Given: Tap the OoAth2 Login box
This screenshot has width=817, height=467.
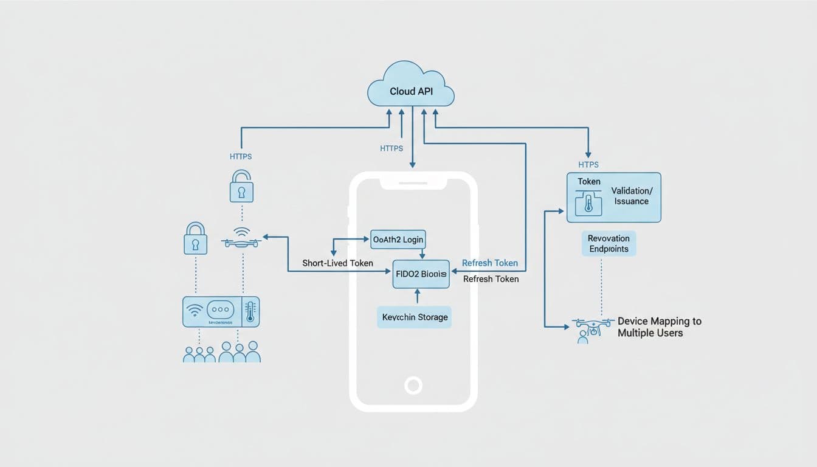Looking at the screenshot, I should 398,239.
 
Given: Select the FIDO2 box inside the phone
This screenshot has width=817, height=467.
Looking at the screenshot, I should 421,274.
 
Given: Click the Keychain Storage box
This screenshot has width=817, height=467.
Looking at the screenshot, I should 415,317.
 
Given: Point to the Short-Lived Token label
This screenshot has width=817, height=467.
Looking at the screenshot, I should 337,263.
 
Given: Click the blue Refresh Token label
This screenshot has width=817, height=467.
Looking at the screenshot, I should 490,263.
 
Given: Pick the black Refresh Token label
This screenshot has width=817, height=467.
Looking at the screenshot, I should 491,279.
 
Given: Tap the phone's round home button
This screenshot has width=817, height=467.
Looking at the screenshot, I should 413,385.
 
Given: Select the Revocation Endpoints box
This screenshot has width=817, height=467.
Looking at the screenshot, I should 609,243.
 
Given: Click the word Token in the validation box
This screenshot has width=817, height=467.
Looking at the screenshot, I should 589,181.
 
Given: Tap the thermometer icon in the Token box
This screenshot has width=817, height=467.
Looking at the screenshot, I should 588,204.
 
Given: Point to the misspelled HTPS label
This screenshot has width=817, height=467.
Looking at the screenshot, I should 588,164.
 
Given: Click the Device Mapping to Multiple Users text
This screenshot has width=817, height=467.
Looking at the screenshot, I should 659,327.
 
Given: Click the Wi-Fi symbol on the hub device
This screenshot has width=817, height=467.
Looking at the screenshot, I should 194,311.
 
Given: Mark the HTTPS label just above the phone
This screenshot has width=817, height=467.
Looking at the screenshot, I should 391,148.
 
